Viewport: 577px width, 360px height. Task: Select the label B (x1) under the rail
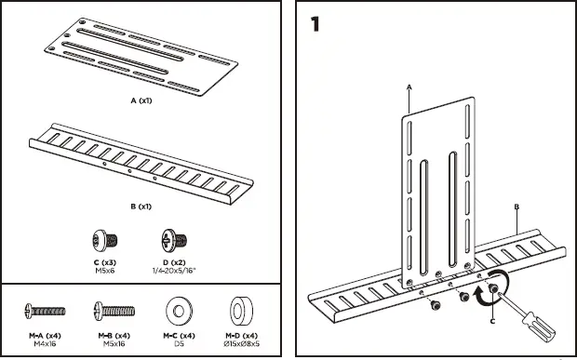pyautogui.click(x=141, y=207)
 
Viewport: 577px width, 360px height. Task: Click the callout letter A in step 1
pyautogui.click(x=409, y=87)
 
